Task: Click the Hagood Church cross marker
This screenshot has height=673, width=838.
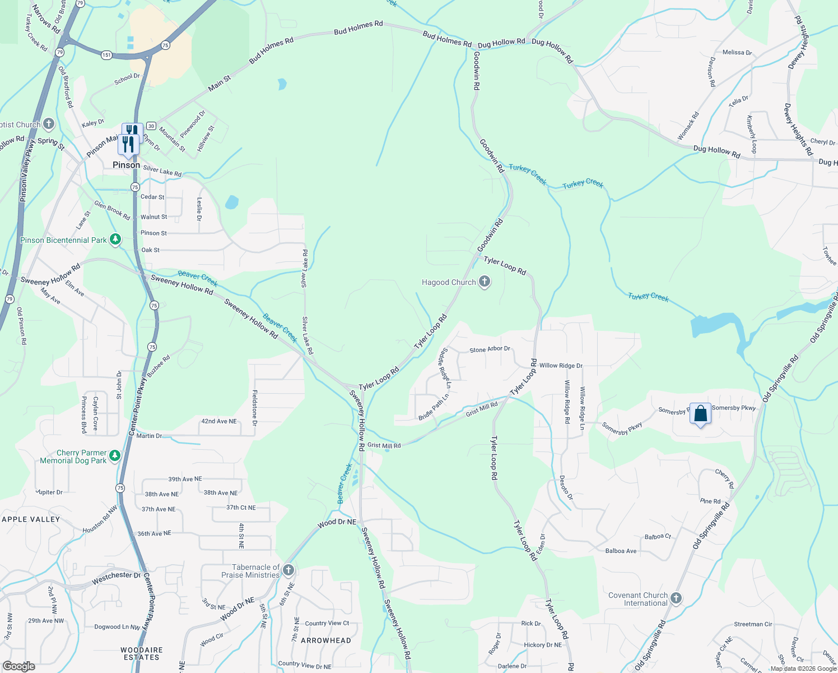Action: [485, 282]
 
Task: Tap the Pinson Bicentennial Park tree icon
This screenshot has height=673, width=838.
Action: [115, 239]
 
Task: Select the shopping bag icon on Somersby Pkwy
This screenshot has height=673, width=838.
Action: [700, 414]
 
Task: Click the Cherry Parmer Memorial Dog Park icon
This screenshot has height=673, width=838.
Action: [115, 455]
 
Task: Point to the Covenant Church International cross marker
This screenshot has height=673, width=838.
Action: [676, 598]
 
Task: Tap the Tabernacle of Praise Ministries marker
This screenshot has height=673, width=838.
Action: [288, 570]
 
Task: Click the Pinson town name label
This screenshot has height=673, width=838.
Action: [126, 165]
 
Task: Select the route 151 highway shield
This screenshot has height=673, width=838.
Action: [106, 55]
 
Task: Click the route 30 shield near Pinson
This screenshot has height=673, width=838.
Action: [151, 126]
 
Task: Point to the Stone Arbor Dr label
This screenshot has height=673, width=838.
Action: [490, 349]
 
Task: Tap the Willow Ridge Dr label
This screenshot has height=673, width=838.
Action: [561, 366]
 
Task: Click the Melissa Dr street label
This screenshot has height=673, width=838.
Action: [737, 53]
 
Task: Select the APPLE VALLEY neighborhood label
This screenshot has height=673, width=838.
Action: [31, 519]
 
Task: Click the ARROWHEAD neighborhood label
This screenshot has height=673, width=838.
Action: [326, 640]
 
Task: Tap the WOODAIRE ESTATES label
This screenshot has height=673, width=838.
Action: [142, 654]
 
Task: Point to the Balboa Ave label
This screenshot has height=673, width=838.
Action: [621, 551]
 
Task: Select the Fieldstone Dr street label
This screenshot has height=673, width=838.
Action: [255, 408]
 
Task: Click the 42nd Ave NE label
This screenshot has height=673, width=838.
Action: [219, 421]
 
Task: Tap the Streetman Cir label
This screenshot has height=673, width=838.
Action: [753, 624]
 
